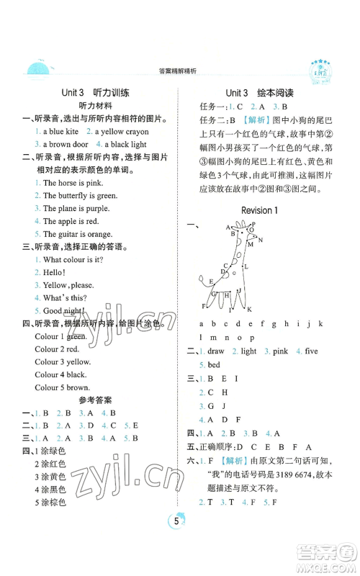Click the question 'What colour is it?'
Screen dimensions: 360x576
tap(76, 259)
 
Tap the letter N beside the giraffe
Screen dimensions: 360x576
tap(261, 240)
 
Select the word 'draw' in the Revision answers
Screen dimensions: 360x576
tap(215, 351)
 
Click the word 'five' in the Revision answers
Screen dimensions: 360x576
tap(310, 351)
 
